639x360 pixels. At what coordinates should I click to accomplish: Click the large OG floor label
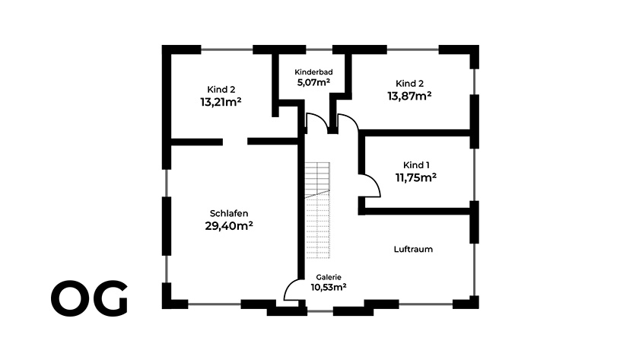click(89, 298)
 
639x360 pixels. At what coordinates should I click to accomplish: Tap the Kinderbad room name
click(313, 72)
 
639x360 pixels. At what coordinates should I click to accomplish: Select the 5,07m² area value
click(313, 82)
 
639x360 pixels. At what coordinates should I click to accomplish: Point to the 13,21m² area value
click(221, 101)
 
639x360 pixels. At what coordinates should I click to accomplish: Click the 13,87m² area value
click(409, 96)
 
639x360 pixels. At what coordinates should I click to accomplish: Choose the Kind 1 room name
click(416, 165)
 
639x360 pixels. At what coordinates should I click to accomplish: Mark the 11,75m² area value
click(415, 177)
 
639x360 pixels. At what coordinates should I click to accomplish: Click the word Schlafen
click(229, 213)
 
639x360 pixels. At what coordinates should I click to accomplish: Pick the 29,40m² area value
click(229, 225)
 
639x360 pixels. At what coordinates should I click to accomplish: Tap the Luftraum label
click(413, 249)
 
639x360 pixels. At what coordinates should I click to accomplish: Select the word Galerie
click(329, 277)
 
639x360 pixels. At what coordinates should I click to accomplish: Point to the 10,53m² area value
click(329, 287)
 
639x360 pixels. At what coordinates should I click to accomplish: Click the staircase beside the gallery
click(317, 210)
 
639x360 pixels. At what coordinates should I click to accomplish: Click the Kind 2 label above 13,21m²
click(221, 89)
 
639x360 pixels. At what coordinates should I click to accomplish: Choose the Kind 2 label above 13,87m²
click(409, 84)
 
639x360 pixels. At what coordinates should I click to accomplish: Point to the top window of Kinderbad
click(319, 49)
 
